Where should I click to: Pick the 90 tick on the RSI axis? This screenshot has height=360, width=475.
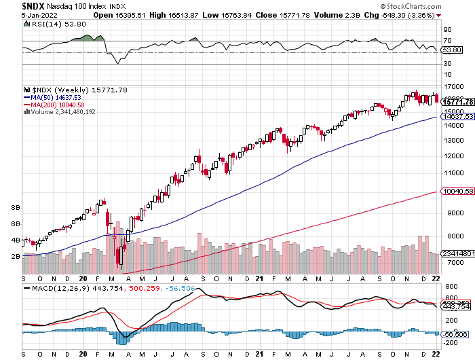[x=447, y=30]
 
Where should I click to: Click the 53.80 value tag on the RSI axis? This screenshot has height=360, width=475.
[x=452, y=50]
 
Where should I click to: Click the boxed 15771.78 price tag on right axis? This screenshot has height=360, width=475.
[x=457, y=102]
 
